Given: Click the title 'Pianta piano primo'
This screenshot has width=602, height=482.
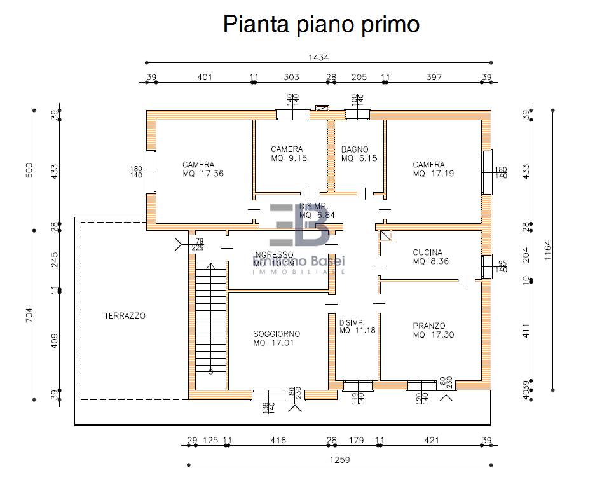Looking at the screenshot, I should [x=321, y=24].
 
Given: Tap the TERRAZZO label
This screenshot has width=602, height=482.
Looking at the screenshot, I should [x=125, y=315].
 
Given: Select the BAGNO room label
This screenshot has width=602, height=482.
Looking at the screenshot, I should [x=355, y=150].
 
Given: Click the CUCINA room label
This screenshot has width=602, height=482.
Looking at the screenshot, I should [x=427, y=252].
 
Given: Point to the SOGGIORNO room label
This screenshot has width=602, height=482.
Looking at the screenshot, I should [x=277, y=334].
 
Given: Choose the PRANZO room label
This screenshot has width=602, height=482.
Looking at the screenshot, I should [x=428, y=326].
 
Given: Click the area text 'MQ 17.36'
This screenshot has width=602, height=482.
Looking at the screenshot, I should [x=203, y=173].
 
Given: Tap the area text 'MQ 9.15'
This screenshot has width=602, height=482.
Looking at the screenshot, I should [x=289, y=158].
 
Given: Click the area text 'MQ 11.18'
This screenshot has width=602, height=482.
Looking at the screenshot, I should [x=357, y=330].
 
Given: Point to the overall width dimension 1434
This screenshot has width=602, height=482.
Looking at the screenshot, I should [x=318, y=57].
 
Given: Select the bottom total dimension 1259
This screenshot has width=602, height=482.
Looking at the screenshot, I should [x=339, y=459].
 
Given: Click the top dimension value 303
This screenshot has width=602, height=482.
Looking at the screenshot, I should [x=291, y=78].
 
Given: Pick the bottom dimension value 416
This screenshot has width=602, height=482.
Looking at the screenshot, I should [x=278, y=440].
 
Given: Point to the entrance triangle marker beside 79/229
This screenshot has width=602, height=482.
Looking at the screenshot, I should [x=177, y=244].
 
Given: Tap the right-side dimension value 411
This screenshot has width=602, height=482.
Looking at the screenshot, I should [x=525, y=331].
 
